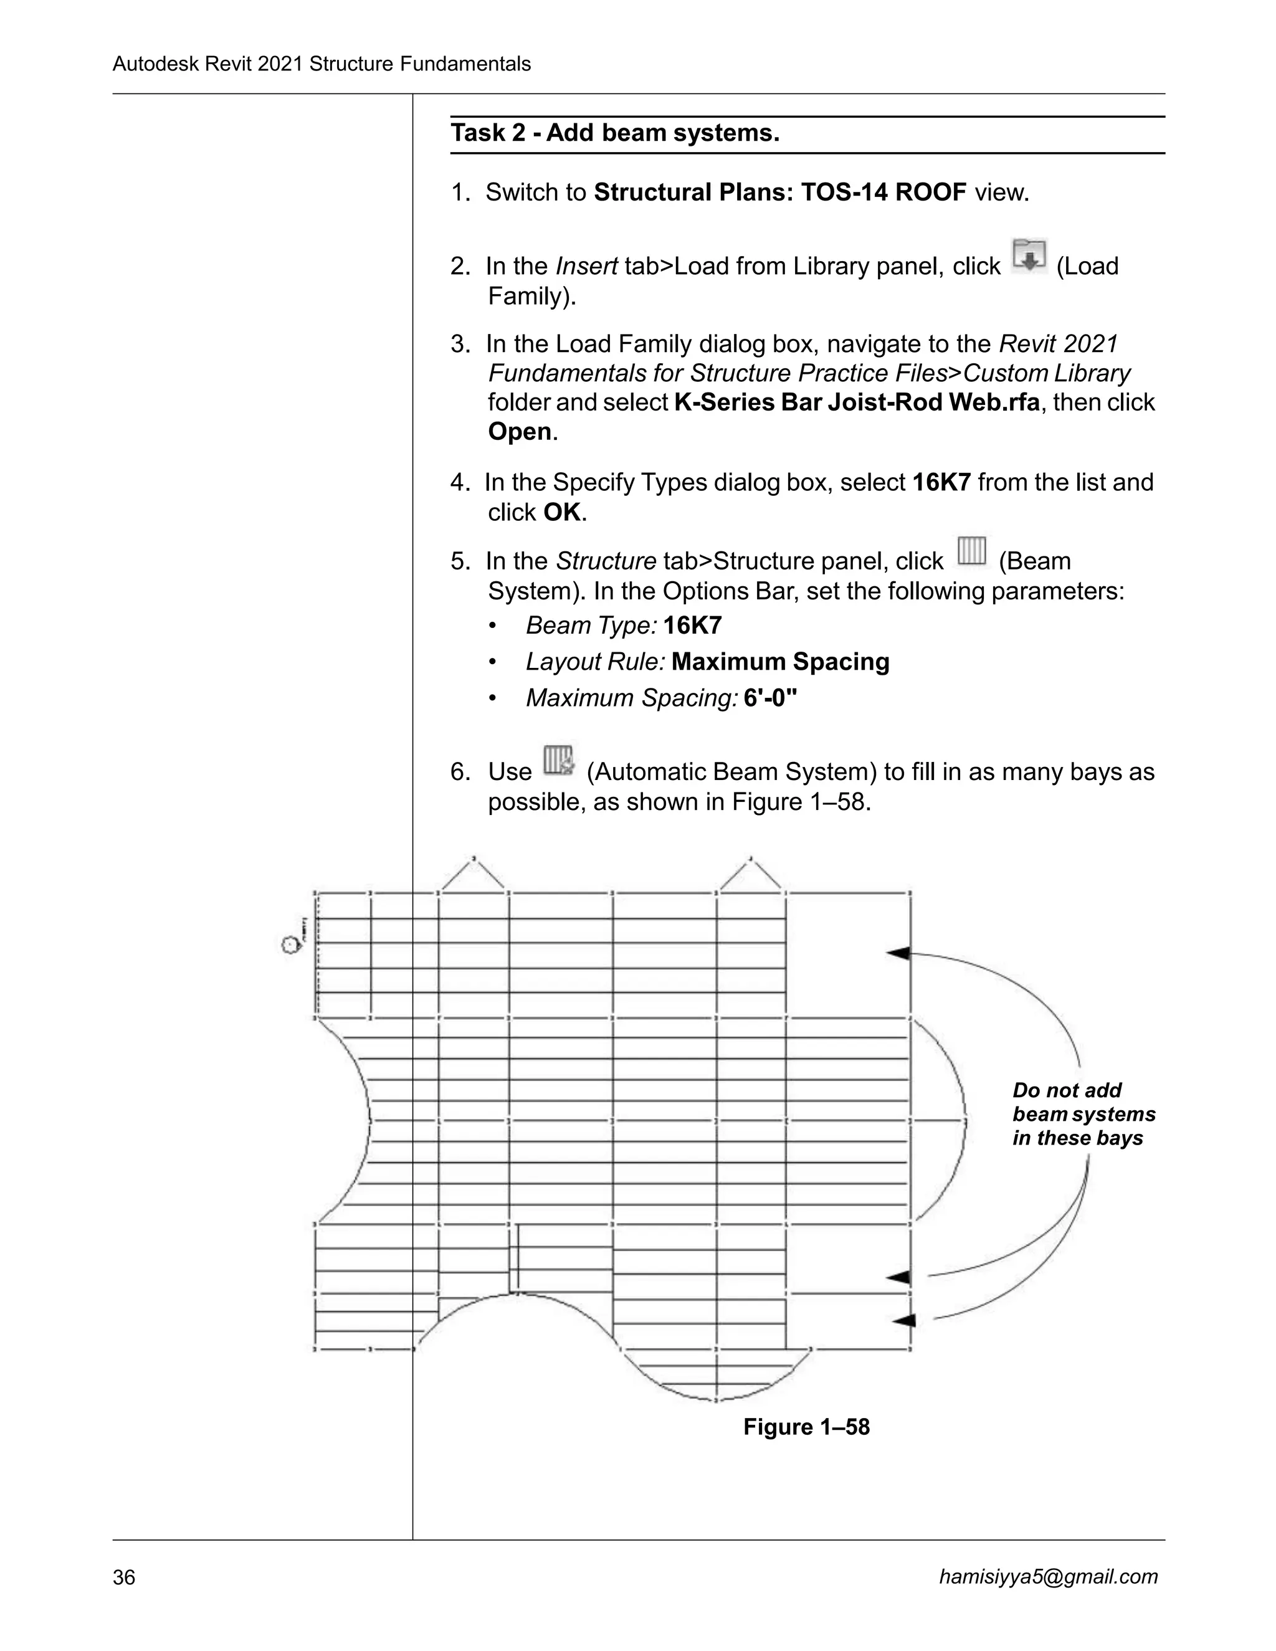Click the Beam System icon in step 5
971,551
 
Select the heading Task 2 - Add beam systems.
614,133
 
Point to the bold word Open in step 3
520,432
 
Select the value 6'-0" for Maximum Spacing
770,697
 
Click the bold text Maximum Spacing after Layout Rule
780,662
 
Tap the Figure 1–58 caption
807,1427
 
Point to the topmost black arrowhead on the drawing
899,953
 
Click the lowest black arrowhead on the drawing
904,1320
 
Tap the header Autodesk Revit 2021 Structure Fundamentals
321,64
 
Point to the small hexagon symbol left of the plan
288,945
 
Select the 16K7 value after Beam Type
692,625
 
